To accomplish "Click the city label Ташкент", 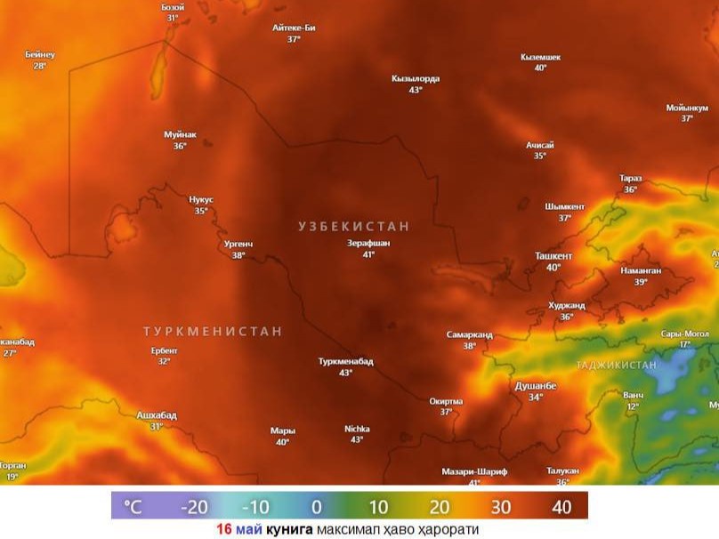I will [553, 256].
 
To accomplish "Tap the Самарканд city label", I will [469, 335].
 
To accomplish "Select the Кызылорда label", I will [415, 78].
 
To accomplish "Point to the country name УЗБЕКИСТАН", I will [353, 227].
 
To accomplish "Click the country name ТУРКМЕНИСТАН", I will [213, 331].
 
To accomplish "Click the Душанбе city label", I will [535, 386].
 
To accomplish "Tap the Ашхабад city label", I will [157, 415].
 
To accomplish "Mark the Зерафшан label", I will [368, 243].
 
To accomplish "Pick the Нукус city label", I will [201, 200].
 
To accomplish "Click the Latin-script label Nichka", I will [357, 429].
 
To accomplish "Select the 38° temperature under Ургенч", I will [238, 255].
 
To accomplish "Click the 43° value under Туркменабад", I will [345, 373].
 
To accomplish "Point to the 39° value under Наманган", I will [640, 282].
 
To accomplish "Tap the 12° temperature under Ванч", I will [633, 406].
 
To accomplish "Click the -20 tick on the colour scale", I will [194, 507].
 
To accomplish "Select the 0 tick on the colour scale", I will [316, 507].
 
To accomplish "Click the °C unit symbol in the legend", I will [132, 507].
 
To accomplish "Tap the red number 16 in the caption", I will [223, 528].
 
